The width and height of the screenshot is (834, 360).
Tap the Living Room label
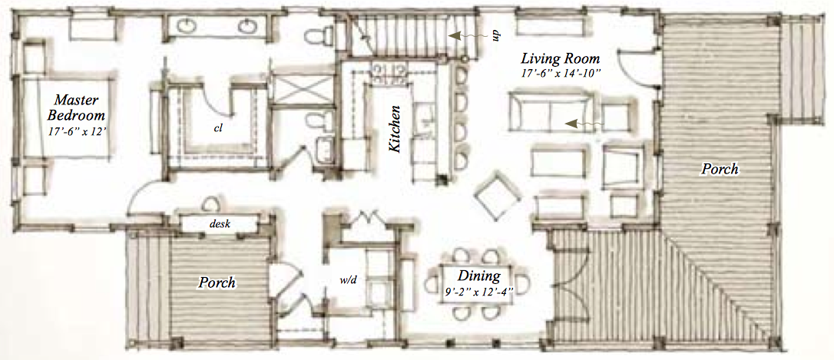pos(560,58)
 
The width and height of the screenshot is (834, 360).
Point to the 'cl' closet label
pos(217,127)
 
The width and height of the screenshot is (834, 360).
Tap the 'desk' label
pos(220,224)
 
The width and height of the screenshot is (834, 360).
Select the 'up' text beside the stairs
pos(495,35)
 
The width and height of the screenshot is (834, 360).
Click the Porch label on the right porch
pos(719,170)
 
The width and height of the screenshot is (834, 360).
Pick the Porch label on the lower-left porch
pos(217,282)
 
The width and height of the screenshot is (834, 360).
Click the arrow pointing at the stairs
pos(468,36)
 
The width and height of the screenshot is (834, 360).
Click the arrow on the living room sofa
pos(584,124)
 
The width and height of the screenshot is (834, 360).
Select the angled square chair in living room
pos(498,195)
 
